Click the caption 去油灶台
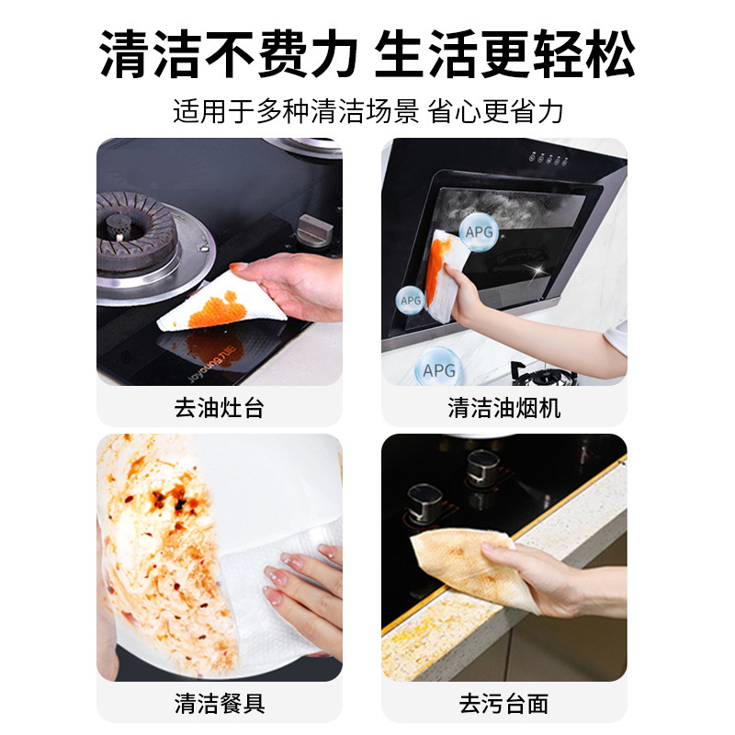[x=220, y=408]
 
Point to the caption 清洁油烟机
[x=504, y=408]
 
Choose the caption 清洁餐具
[x=220, y=704]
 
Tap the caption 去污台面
[x=504, y=704]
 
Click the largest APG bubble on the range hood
[x=479, y=232]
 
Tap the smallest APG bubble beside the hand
[x=410, y=300]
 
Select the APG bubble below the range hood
[x=439, y=369]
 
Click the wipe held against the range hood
[x=443, y=276]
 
